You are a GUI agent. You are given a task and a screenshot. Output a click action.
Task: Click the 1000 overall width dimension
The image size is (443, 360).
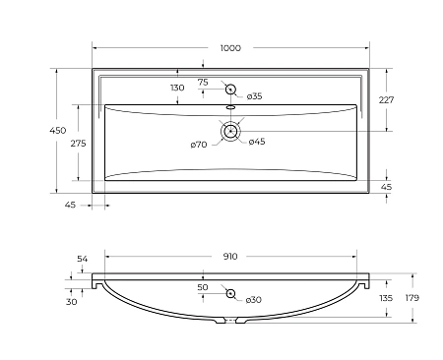pyautogui.click(x=230, y=48)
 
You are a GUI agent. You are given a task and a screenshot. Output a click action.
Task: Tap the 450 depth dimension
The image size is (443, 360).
pyautogui.click(x=58, y=131)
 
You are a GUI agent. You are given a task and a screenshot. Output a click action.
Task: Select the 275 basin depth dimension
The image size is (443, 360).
pyautogui.click(x=79, y=144)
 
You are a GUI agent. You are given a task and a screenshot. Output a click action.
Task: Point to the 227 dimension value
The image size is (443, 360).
pyautogui.click(x=386, y=100)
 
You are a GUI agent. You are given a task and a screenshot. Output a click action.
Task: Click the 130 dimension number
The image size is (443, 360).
pyautogui.click(x=177, y=88)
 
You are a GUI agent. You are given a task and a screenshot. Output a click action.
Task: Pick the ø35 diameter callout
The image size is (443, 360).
pyautogui.click(x=255, y=96)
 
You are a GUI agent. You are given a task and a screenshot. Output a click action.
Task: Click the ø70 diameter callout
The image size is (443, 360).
pyautogui.click(x=199, y=145)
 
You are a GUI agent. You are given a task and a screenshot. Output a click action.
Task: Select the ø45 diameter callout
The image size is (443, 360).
pyautogui.click(x=257, y=142)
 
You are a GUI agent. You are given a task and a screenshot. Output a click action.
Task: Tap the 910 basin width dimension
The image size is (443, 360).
pyautogui.click(x=230, y=257)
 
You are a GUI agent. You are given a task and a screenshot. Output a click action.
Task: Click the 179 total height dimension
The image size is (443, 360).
pyautogui.click(x=412, y=298)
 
